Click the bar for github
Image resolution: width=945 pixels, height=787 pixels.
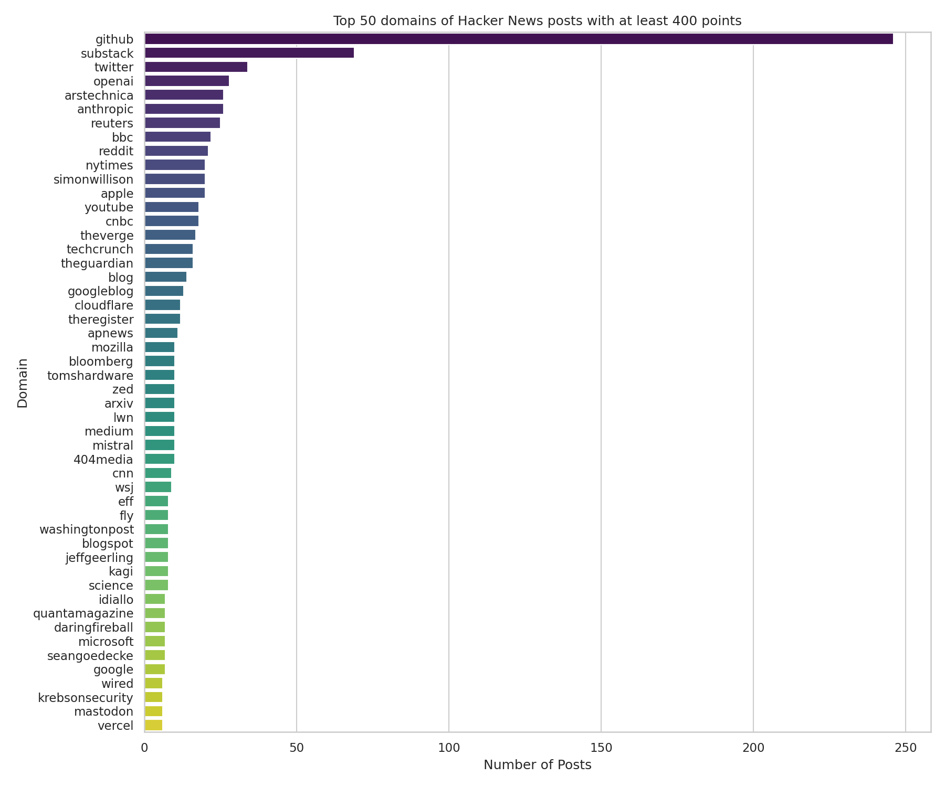[518, 39]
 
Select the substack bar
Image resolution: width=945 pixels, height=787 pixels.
[249, 53]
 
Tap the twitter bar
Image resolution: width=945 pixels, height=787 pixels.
[196, 67]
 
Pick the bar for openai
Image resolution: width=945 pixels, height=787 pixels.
[186, 81]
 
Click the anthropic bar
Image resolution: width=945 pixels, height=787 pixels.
[184, 109]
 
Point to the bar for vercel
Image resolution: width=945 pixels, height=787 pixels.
[153, 725]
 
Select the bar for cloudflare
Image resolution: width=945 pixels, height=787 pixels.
[162, 305]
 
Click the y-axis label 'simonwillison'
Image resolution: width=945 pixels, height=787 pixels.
[93, 179]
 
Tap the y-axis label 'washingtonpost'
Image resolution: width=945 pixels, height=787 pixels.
[87, 529]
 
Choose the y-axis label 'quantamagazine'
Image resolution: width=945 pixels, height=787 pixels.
[83, 613]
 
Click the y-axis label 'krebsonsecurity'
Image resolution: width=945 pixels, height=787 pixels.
[86, 697]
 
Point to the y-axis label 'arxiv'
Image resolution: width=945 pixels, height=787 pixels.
[119, 403]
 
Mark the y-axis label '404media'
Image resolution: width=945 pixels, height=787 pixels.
[103, 460]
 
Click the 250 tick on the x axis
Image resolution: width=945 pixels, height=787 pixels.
[905, 747]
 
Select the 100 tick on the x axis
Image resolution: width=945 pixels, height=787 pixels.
[449, 747]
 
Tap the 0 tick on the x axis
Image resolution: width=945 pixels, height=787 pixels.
[144, 747]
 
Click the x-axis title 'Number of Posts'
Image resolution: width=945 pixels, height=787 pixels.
[537, 765]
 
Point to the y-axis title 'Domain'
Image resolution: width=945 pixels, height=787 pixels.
[23, 383]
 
